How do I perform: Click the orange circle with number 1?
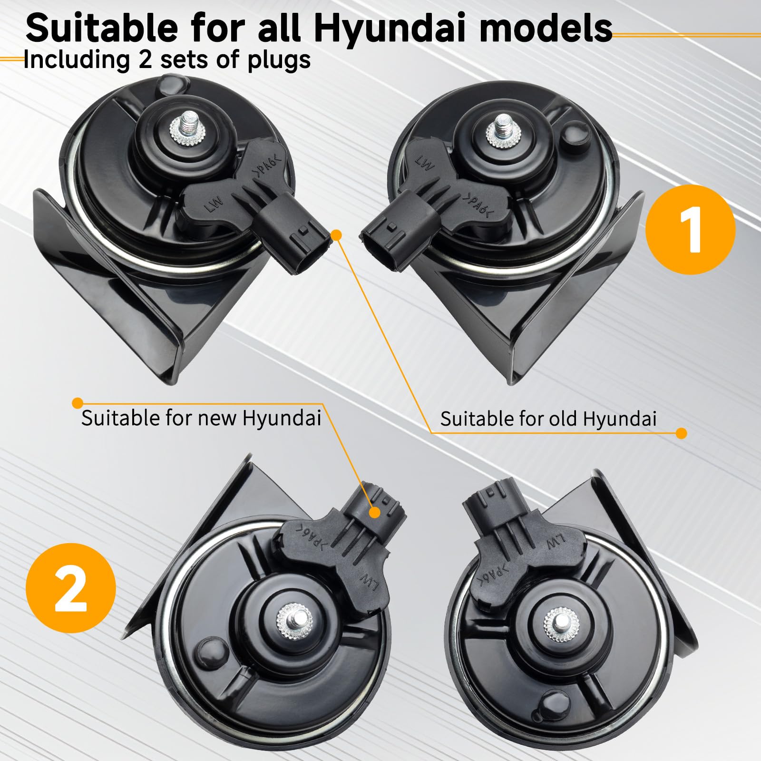[x=691, y=230]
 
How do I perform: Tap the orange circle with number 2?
[x=70, y=588]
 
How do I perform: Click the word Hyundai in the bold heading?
[x=390, y=29]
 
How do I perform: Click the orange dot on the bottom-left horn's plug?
[x=375, y=512]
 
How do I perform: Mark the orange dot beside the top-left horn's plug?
[x=336, y=235]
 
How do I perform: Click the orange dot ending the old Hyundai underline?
[x=681, y=433]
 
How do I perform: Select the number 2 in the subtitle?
[x=145, y=60]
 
